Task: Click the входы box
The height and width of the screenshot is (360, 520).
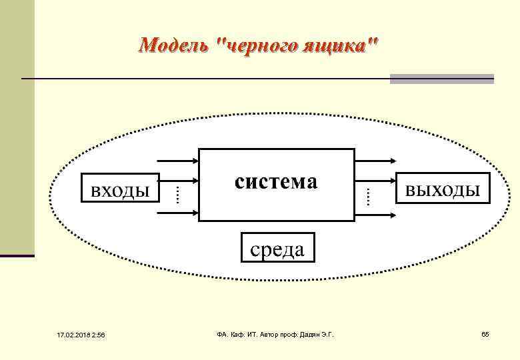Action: [x=120, y=189]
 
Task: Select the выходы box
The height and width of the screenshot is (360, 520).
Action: [x=442, y=189]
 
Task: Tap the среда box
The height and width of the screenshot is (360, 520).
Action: [x=277, y=249]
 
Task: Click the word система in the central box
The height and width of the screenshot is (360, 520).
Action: [x=276, y=181]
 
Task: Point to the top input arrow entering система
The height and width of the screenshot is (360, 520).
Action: [x=177, y=161]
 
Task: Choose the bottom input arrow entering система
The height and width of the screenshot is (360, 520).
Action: [x=177, y=213]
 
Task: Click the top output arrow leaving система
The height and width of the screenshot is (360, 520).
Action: [x=377, y=161]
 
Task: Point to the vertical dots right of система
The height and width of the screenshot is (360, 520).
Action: [x=367, y=195]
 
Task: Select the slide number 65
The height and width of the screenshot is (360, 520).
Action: [x=485, y=333]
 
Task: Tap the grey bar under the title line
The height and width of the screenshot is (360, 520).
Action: [x=441, y=79]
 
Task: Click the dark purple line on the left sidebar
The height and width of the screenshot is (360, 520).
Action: [x=17, y=255]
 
